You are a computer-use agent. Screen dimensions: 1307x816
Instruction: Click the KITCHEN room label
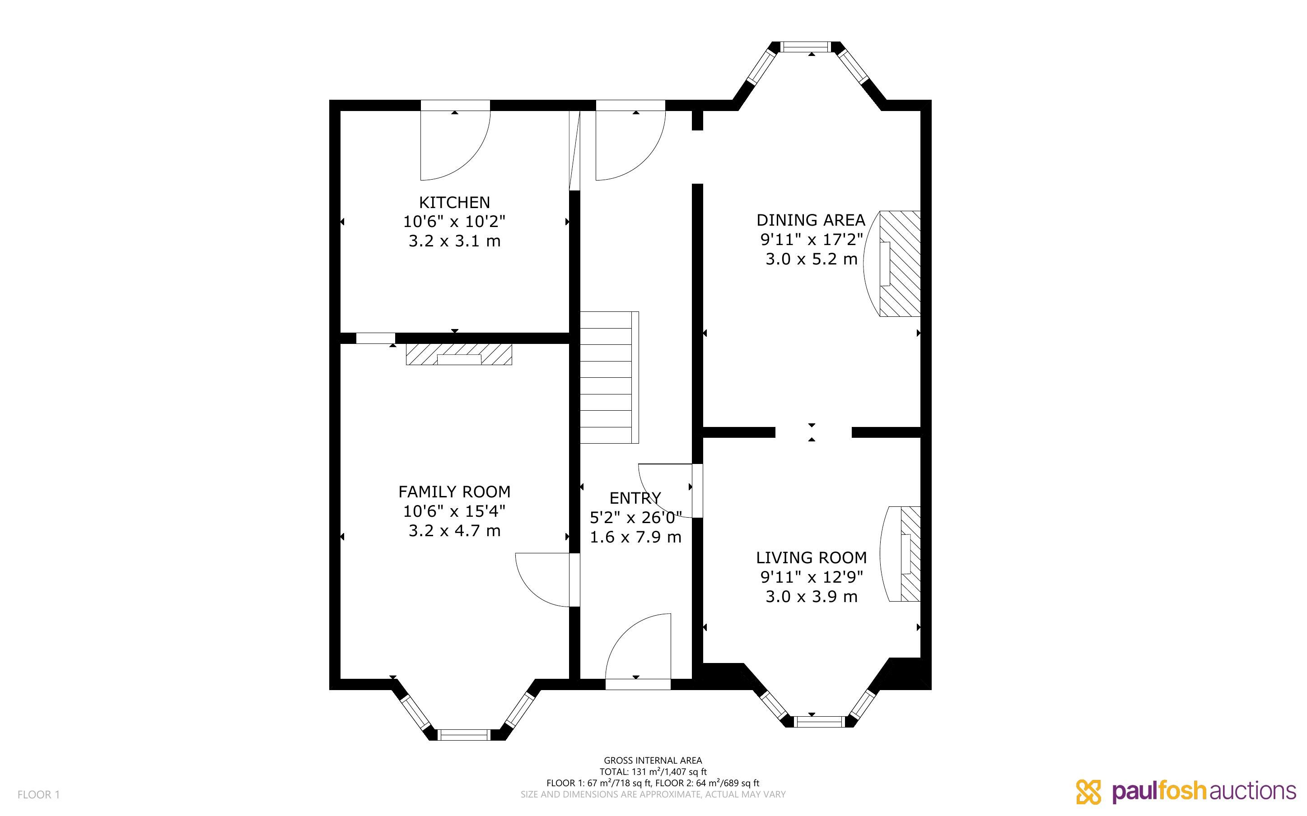455,202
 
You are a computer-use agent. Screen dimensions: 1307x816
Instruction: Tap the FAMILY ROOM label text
455,491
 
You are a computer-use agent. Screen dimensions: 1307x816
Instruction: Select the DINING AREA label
811,220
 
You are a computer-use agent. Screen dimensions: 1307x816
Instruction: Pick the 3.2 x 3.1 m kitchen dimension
455,241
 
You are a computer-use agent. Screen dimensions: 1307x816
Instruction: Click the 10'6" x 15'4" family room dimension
455,511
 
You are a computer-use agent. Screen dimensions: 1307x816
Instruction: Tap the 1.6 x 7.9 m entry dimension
635,537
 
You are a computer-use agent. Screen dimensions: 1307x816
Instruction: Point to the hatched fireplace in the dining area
899,264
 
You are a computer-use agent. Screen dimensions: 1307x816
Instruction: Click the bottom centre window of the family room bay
463,734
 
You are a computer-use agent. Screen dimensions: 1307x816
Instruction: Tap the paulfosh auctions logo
1186,792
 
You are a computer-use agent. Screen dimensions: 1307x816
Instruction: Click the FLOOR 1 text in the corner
38,794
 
